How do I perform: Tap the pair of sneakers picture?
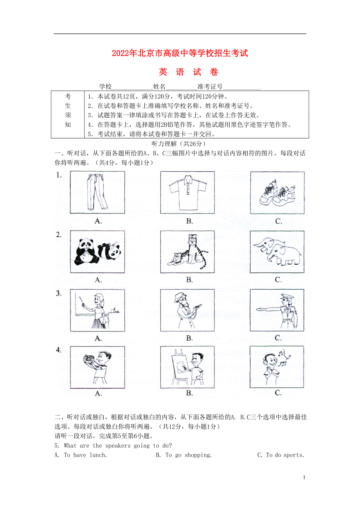[277, 193]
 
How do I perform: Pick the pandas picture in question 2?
[98, 252]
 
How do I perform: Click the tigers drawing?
[187, 252]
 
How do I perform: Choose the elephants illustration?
[277, 252]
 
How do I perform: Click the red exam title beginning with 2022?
[180, 54]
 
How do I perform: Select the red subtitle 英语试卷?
[188, 72]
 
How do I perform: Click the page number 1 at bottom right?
[304, 477]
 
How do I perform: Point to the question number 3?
[59, 294]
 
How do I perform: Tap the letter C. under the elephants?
[278, 280]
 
